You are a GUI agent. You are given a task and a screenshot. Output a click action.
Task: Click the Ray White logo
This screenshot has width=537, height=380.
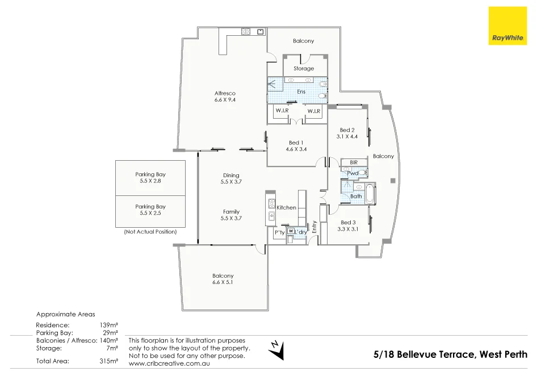507,26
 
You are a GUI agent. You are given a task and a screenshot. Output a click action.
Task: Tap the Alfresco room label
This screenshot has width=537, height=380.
225,93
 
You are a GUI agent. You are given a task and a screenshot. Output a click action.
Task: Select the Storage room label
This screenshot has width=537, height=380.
304,69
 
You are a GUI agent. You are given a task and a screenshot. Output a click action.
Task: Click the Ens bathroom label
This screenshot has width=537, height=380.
301,91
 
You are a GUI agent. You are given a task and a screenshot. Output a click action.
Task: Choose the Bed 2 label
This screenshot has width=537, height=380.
347,130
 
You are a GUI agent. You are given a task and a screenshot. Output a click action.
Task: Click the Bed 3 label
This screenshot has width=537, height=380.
348,223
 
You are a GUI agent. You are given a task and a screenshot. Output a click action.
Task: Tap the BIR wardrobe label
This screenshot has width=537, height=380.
354,162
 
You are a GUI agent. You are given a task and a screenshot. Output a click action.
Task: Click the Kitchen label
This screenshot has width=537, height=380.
286,207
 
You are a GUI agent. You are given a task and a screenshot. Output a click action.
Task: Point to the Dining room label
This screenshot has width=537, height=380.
231,176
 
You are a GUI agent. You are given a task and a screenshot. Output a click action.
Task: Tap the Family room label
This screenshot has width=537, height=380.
231,212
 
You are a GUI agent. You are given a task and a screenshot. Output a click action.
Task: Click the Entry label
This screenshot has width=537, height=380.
314,227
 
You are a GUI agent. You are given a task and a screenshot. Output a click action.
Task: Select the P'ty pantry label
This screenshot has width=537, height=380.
279,233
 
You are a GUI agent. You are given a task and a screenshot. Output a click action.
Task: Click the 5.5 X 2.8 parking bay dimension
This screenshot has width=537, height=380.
150,182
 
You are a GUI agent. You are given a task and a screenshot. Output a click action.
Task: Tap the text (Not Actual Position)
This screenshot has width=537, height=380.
150,232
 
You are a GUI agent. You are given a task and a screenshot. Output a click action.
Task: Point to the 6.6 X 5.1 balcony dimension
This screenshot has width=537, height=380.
223,283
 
